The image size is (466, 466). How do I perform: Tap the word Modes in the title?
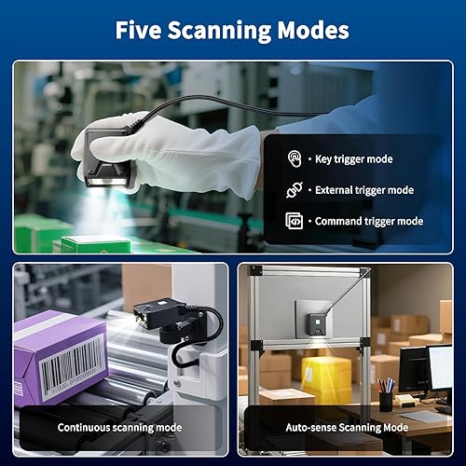316,30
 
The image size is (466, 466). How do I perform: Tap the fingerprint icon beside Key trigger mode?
294,158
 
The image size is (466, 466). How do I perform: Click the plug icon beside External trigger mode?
294,190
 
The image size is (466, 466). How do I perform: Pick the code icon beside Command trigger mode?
294,221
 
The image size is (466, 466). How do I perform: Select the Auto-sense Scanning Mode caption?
346,428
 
